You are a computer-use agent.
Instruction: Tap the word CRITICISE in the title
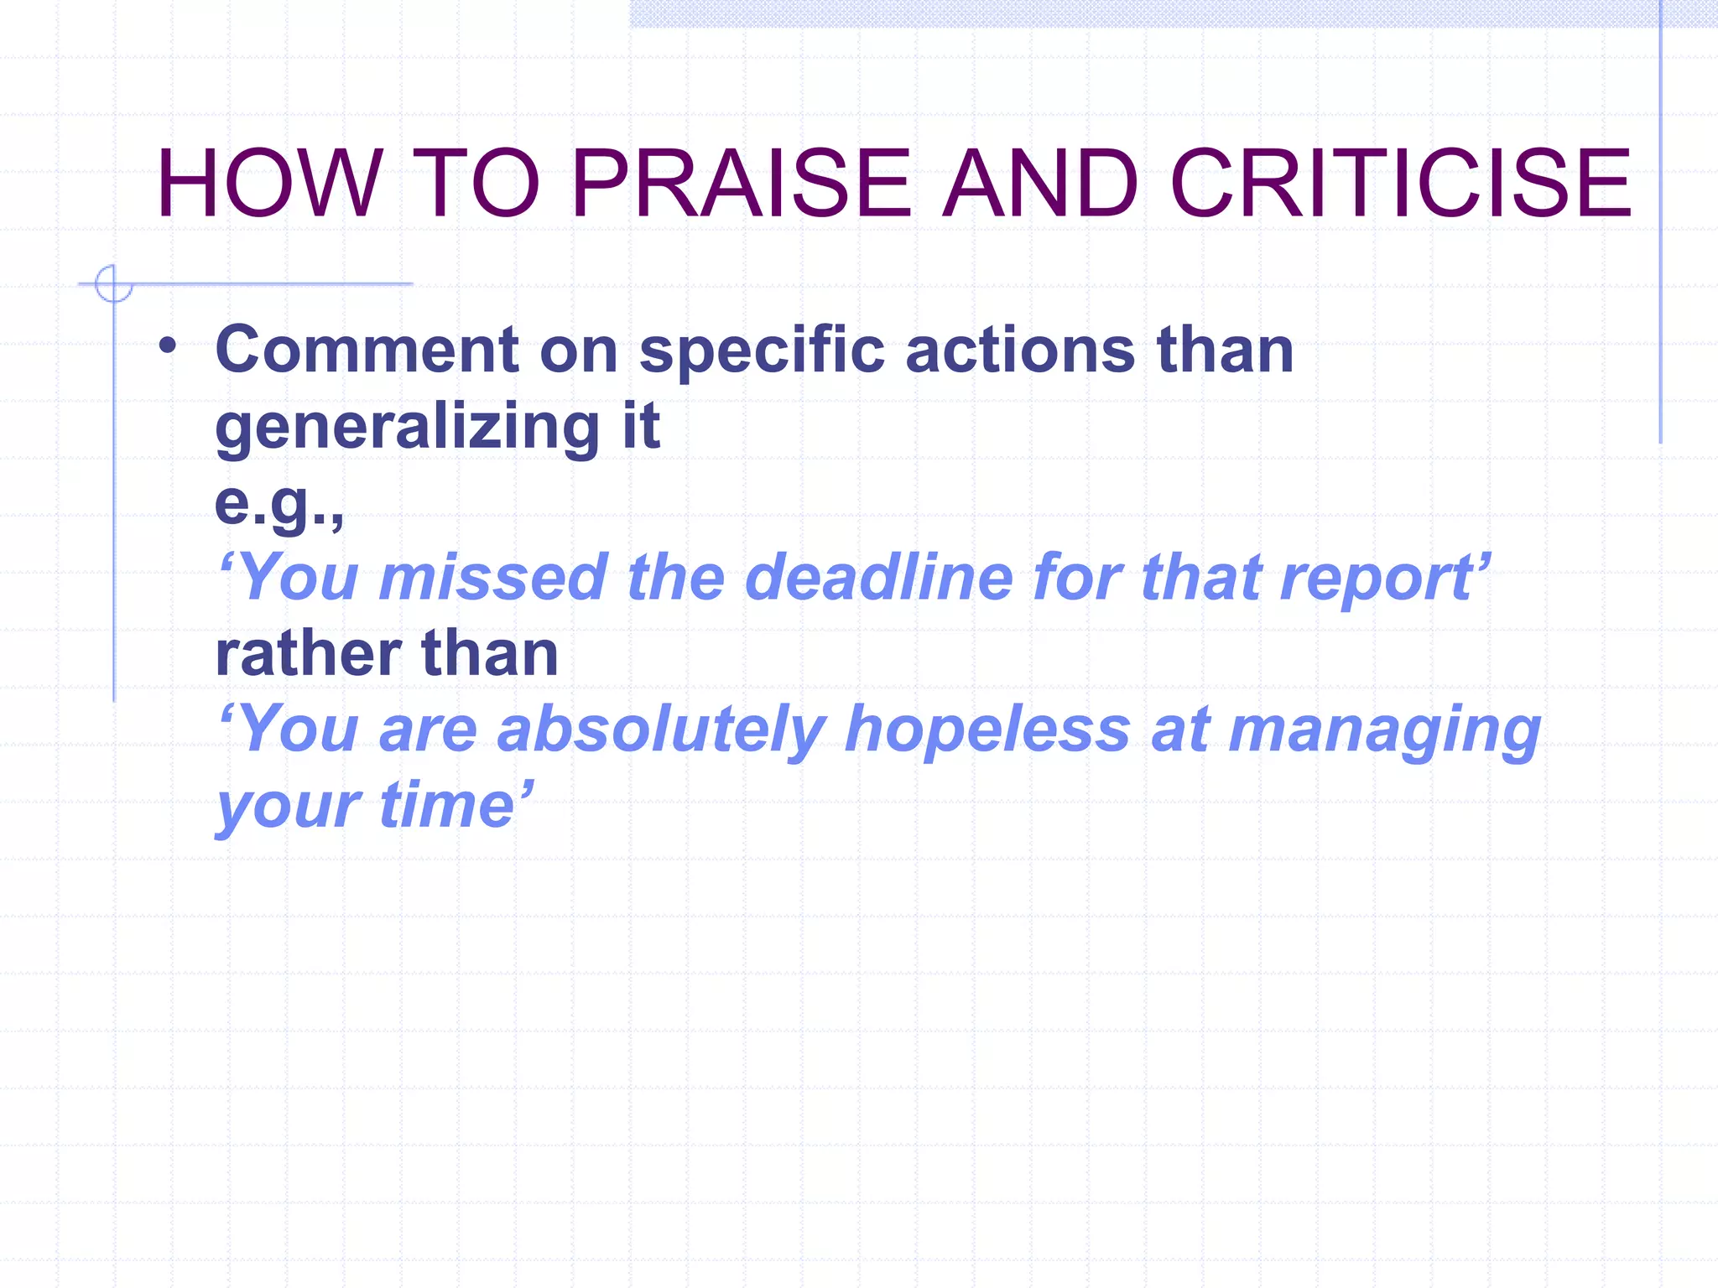1400,183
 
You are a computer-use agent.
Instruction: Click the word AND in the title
1039,183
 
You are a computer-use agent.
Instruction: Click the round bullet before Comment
168,345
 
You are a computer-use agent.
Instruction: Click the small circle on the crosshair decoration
113,283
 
